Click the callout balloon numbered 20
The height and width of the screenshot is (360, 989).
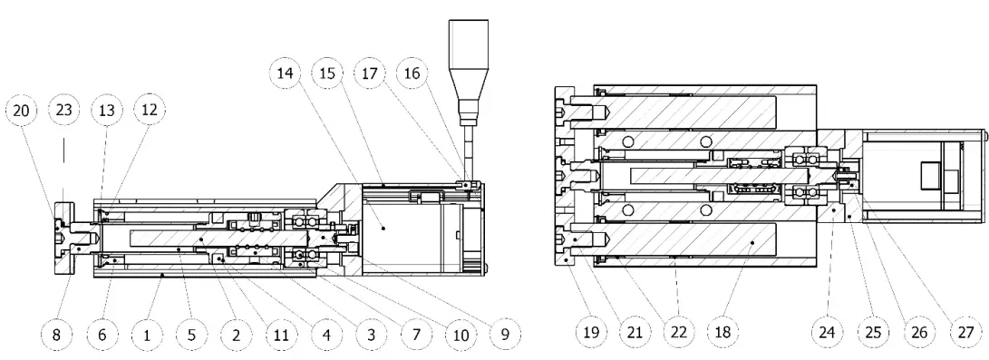pyautogui.click(x=22, y=112)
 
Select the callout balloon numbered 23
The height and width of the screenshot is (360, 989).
pyautogui.click(x=64, y=112)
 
